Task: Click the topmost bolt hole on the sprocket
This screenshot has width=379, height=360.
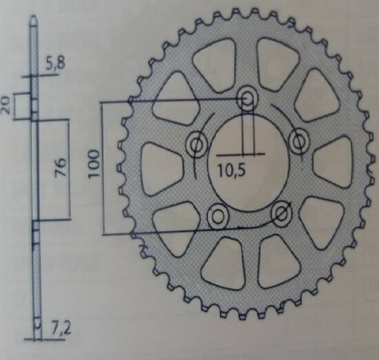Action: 248,99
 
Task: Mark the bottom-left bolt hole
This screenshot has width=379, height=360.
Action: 216,216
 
